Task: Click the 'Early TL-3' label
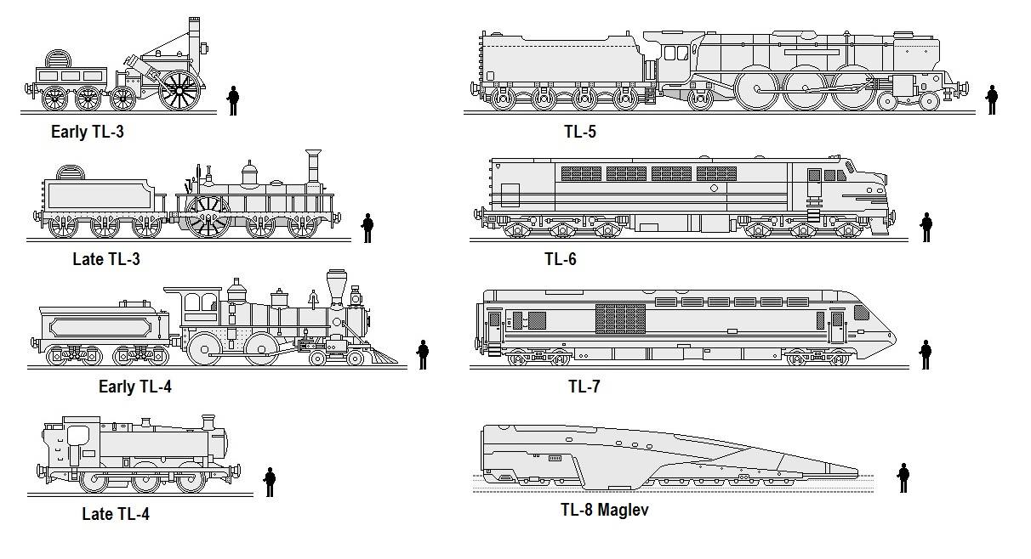(88, 132)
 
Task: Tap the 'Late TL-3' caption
(106, 259)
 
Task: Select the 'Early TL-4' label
(135, 387)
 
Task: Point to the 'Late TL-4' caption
(116, 514)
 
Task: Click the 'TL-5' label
(579, 132)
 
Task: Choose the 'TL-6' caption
(560, 259)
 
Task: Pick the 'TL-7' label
(584, 387)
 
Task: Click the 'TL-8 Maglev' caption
(605, 510)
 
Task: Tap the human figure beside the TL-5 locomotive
(992, 99)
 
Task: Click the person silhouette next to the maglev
(903, 477)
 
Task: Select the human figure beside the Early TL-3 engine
(232, 99)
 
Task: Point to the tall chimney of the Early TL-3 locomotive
(194, 38)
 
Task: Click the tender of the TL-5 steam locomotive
(561, 66)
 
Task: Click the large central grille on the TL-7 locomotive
(620, 319)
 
